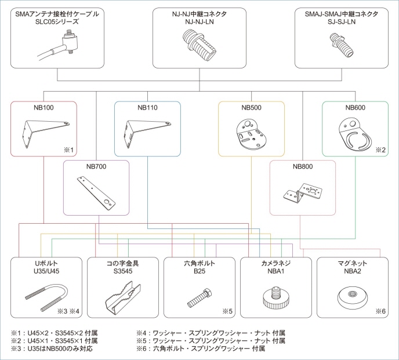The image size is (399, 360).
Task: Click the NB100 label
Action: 44,108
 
